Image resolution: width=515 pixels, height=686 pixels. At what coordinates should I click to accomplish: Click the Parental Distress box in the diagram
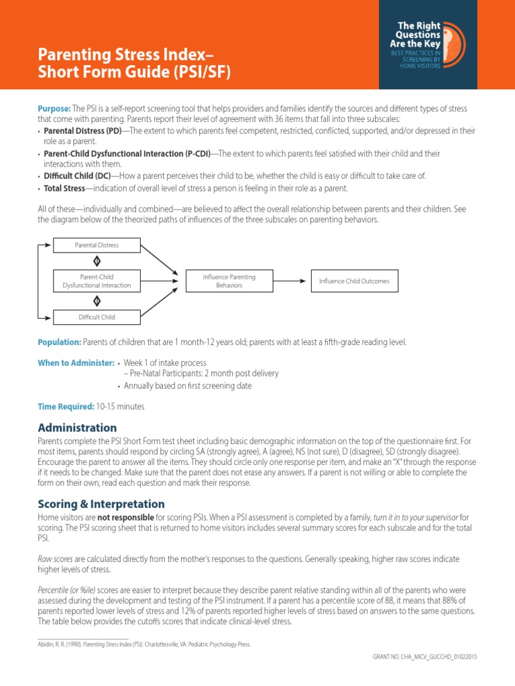(x=97, y=245)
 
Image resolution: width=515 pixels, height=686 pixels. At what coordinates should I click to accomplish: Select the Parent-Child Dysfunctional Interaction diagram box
(x=97, y=281)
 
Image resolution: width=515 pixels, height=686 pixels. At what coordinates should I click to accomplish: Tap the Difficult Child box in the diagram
(x=97, y=316)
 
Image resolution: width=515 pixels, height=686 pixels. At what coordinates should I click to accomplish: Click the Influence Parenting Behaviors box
(x=229, y=281)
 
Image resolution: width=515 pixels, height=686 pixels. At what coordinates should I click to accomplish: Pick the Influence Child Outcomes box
(x=354, y=281)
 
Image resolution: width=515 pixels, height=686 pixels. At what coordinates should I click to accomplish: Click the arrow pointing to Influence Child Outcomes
(x=292, y=281)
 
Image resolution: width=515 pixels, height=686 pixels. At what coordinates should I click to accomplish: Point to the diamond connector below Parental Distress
(x=97, y=261)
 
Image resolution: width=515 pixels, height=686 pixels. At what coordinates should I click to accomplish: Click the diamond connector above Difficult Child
(x=97, y=301)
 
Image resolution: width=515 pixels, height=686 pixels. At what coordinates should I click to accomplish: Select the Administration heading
(x=77, y=427)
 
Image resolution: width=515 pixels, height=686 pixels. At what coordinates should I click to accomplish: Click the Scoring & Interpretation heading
(x=101, y=504)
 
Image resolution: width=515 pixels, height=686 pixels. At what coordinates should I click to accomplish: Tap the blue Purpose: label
(x=54, y=109)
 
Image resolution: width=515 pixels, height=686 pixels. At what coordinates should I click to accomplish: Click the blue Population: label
(x=60, y=342)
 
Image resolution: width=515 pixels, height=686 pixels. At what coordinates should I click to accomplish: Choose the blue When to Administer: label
(x=76, y=362)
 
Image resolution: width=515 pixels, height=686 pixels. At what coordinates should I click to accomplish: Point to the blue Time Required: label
(x=66, y=406)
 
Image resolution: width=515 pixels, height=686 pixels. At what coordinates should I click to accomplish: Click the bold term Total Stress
(x=64, y=188)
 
